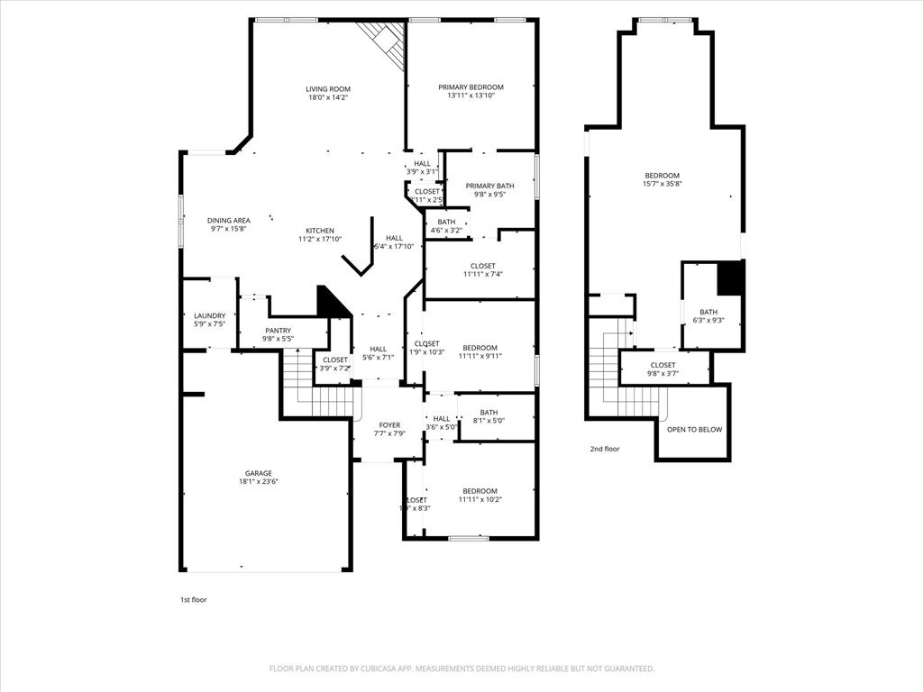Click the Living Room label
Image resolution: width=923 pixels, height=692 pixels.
click(326, 89)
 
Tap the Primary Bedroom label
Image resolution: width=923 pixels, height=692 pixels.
click(471, 87)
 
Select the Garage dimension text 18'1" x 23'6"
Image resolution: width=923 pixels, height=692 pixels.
click(258, 482)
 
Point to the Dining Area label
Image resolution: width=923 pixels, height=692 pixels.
click(228, 220)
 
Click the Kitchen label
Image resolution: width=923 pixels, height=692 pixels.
click(319, 231)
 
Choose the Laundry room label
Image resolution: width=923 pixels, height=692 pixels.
click(209, 315)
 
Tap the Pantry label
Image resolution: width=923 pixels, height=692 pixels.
click(278, 331)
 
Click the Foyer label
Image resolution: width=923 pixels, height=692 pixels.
click(388, 425)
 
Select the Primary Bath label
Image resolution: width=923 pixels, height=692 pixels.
click(489, 186)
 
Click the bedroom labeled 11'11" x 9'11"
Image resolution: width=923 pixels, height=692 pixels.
click(480, 348)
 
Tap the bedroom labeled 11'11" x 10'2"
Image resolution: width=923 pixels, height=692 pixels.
click(480, 491)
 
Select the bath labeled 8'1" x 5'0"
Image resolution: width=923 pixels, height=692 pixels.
click(489, 413)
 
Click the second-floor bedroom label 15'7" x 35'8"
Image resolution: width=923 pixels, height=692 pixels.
click(662, 176)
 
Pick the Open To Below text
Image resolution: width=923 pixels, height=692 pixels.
click(694, 430)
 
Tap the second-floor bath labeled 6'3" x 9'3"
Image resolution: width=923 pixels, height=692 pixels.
click(708, 312)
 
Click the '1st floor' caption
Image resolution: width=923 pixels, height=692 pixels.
click(193, 599)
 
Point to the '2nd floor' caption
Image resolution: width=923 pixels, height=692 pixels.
click(605, 449)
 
